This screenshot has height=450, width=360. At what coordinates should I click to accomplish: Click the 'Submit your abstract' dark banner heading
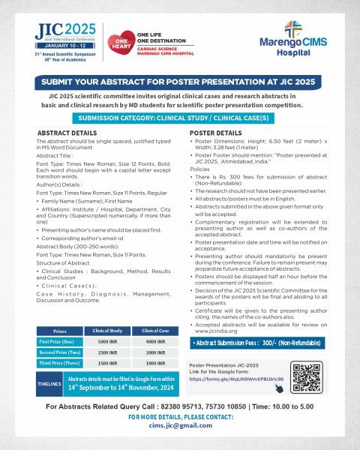180,83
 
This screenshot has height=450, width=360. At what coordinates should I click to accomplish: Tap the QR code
307,378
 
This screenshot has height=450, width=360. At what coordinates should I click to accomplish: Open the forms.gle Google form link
235,379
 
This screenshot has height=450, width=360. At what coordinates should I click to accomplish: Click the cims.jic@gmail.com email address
180,425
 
